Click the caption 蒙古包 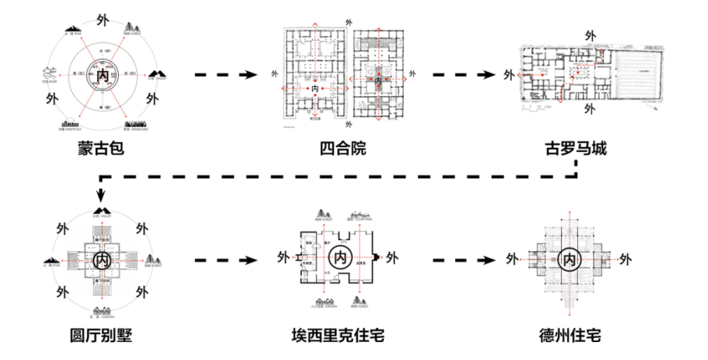coord(101,148)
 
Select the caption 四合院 coord(343,148)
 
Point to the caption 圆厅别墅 coord(101,336)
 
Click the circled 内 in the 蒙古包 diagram coord(102,75)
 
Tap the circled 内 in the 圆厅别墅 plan coord(102,259)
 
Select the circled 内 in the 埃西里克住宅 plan coord(340,257)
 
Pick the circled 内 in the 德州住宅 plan coord(571,258)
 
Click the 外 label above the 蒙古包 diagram coord(102,17)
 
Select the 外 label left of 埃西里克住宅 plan coord(283,257)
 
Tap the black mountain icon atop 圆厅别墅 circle coord(102,210)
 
